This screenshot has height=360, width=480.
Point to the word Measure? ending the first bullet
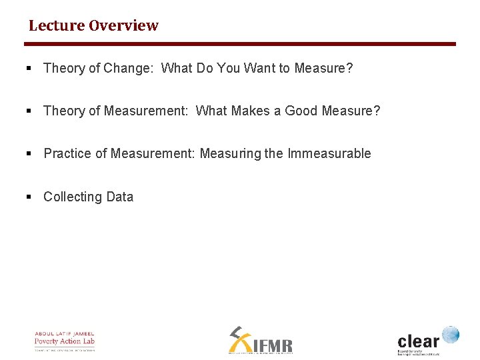point(323,68)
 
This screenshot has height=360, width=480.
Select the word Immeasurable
point(329,153)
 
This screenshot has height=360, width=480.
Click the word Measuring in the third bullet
point(231,153)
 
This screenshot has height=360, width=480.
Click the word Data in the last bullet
point(119,197)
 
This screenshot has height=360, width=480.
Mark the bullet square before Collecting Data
point(29,197)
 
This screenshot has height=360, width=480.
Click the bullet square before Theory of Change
point(29,68)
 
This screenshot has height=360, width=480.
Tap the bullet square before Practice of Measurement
point(29,153)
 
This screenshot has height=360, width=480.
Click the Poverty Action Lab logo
point(65,341)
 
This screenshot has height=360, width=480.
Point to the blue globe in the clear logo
point(451,334)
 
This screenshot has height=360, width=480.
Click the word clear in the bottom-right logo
point(419,341)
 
